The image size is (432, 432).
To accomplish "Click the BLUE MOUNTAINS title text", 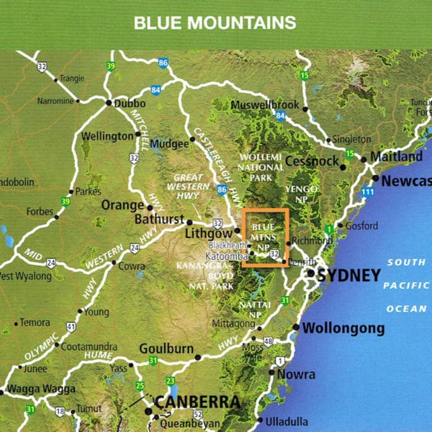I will [215, 22].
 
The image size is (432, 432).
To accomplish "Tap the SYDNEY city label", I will [348, 276].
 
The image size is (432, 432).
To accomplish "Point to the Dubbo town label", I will [130, 102].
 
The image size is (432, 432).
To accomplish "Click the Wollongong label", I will [343, 328].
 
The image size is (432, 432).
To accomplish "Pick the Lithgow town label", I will [210, 234].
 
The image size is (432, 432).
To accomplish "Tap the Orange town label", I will [122, 204].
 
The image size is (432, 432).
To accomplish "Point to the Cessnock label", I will [312, 161].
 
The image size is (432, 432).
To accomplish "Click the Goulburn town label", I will [166, 349].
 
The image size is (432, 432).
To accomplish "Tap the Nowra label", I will [297, 374].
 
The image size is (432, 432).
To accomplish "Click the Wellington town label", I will [108, 136].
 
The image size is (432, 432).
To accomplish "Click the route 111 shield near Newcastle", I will [369, 192].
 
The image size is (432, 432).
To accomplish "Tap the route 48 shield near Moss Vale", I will [269, 341].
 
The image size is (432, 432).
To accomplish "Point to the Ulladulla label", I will [287, 420].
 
